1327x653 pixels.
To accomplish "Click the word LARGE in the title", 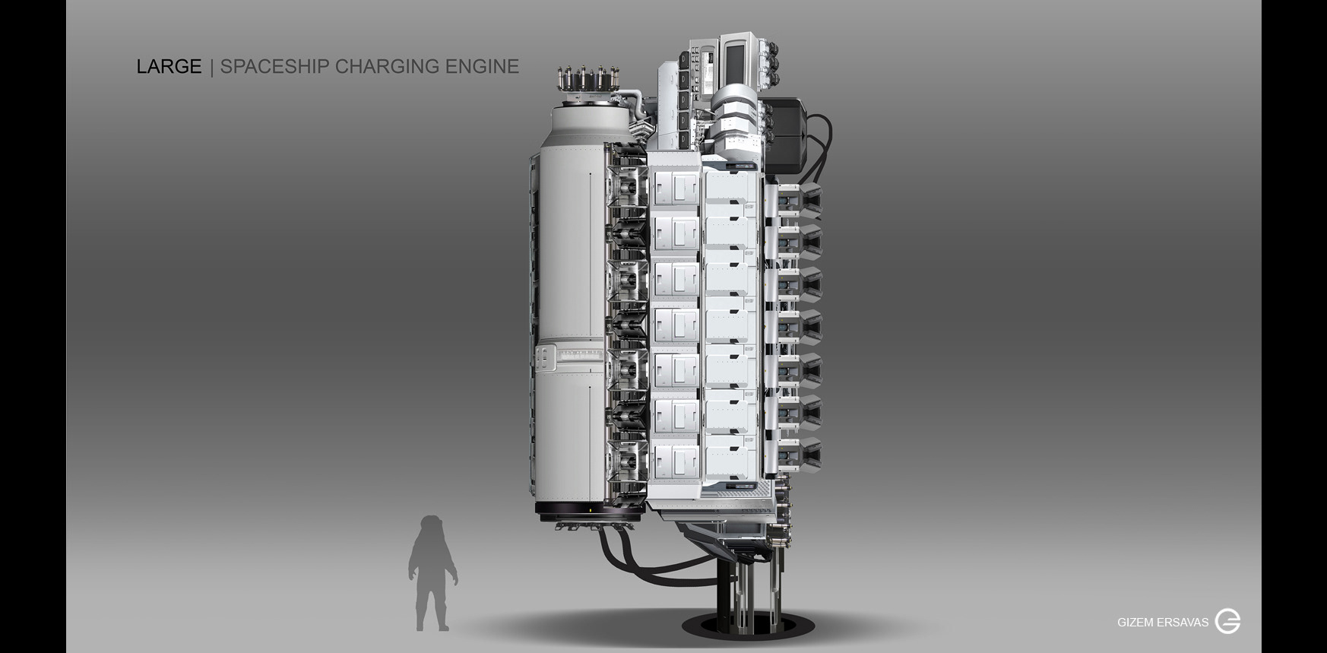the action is [169, 67].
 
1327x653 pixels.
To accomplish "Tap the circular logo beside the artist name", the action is [1227, 621].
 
